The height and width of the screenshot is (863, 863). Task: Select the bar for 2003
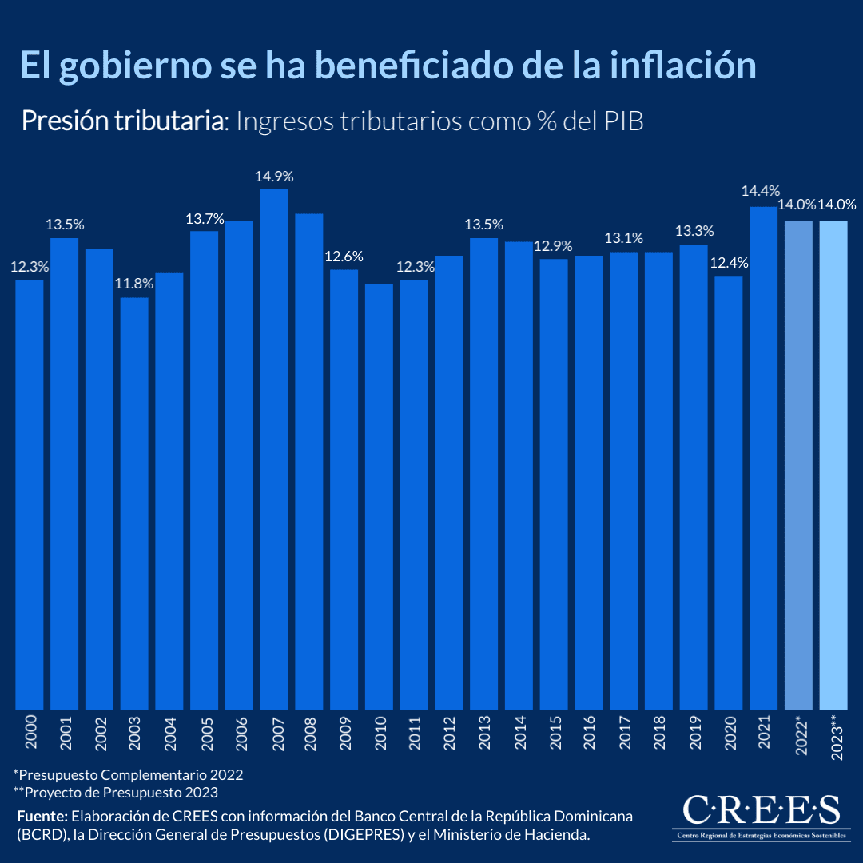(x=134, y=503)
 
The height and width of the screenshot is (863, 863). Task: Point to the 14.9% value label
(x=274, y=177)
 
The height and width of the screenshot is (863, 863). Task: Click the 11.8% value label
(x=134, y=285)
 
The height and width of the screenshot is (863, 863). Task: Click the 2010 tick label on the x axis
(x=380, y=732)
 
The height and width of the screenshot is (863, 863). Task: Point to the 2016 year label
(x=590, y=732)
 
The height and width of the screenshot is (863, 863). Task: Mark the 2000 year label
(x=30, y=732)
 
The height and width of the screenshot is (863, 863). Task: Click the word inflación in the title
(x=683, y=66)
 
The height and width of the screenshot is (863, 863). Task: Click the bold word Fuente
(x=42, y=817)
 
